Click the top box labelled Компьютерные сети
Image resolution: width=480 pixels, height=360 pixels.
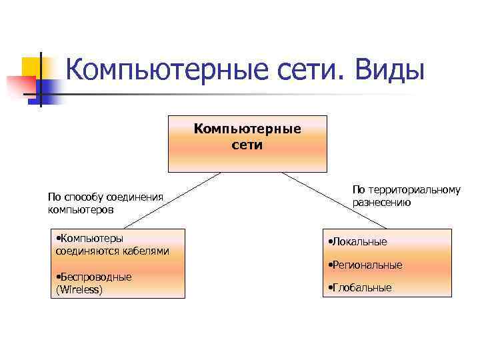(247, 143)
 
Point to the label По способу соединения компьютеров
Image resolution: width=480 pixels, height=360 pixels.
(105, 203)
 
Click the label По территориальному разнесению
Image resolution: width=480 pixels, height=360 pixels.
(406, 196)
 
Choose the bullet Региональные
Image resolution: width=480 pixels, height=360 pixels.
(366, 265)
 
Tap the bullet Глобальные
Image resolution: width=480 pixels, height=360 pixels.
(361, 287)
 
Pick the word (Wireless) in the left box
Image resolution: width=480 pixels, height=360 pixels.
(79, 289)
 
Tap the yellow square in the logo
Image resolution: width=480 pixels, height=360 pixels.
(32, 67)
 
